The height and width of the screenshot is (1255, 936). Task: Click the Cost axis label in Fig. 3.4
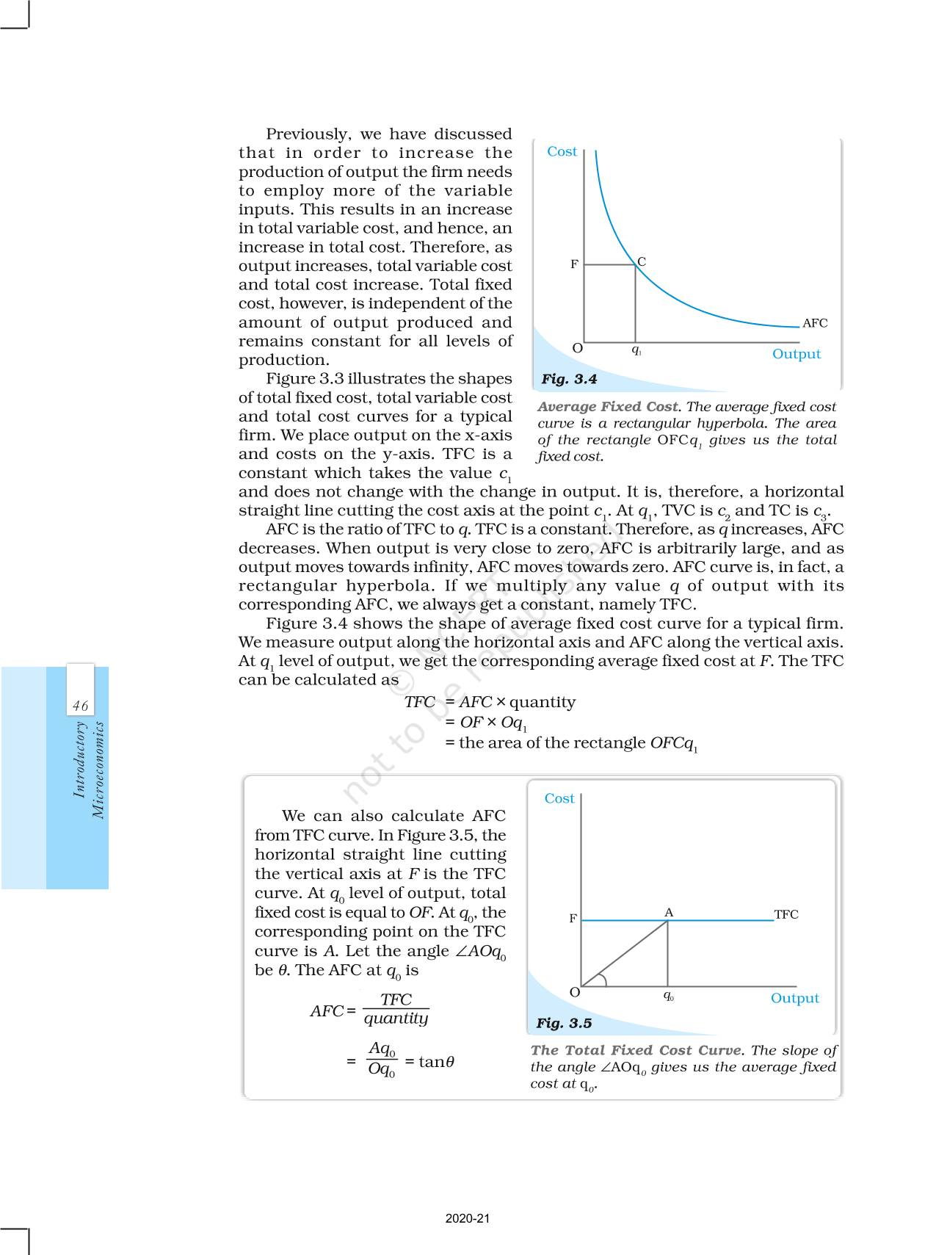[x=562, y=151]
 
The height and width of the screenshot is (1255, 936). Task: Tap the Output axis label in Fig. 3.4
[x=796, y=354]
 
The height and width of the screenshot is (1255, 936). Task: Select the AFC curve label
[x=814, y=323]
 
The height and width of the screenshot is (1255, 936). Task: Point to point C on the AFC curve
[x=641, y=262]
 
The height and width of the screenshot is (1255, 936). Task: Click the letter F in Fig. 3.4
[x=574, y=264]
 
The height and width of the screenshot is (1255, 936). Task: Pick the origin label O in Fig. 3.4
[x=577, y=348]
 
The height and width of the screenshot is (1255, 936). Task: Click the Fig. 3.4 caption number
[x=569, y=379]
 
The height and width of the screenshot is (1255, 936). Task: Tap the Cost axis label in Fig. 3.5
[x=559, y=798]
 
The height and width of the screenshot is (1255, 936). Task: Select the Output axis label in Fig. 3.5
[x=794, y=998]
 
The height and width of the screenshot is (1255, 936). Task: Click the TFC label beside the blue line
[x=786, y=914]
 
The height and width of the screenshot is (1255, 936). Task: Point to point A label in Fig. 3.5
[x=669, y=912]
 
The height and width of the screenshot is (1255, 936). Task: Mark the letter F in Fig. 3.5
[x=573, y=919]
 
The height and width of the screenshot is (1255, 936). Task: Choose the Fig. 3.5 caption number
[x=564, y=1023]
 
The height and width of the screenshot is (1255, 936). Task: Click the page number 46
[x=80, y=706]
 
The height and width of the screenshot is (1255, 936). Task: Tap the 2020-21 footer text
[x=468, y=1218]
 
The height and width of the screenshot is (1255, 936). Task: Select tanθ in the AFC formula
[x=436, y=1061]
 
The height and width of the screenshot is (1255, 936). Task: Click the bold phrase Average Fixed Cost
[x=608, y=407]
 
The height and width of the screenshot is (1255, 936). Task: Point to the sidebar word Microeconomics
[x=98, y=770]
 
